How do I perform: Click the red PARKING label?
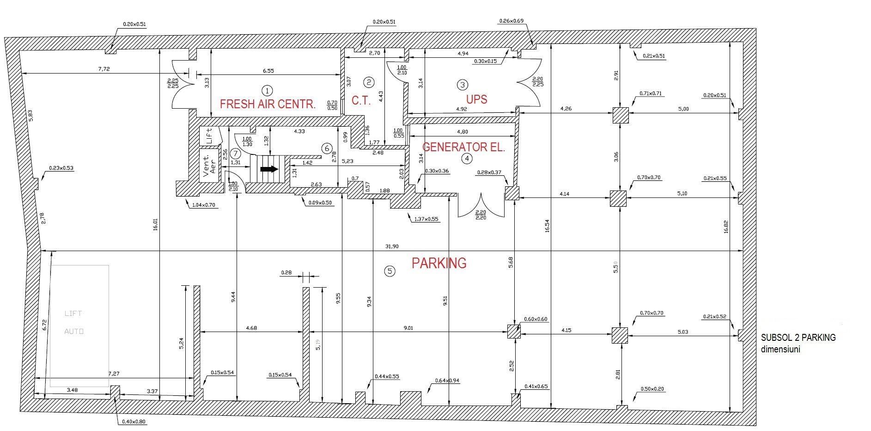click(x=439, y=263)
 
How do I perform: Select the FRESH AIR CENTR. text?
click(x=268, y=104)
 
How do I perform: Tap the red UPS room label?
click(x=476, y=99)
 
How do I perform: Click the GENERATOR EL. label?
click(x=463, y=148)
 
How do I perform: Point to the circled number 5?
click(x=390, y=271)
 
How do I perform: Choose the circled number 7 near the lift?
click(x=236, y=153)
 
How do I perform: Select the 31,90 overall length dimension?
click(x=391, y=246)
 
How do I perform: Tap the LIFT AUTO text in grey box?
click(x=74, y=322)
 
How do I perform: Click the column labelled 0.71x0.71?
click(x=621, y=115)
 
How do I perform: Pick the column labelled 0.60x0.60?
click(x=514, y=332)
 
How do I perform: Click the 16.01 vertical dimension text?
click(x=156, y=224)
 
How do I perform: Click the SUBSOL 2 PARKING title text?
click(x=798, y=338)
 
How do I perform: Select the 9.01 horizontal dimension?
click(x=408, y=328)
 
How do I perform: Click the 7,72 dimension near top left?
click(x=104, y=69)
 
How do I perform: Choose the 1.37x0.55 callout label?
click(x=426, y=219)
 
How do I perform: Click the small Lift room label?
click(x=209, y=136)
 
